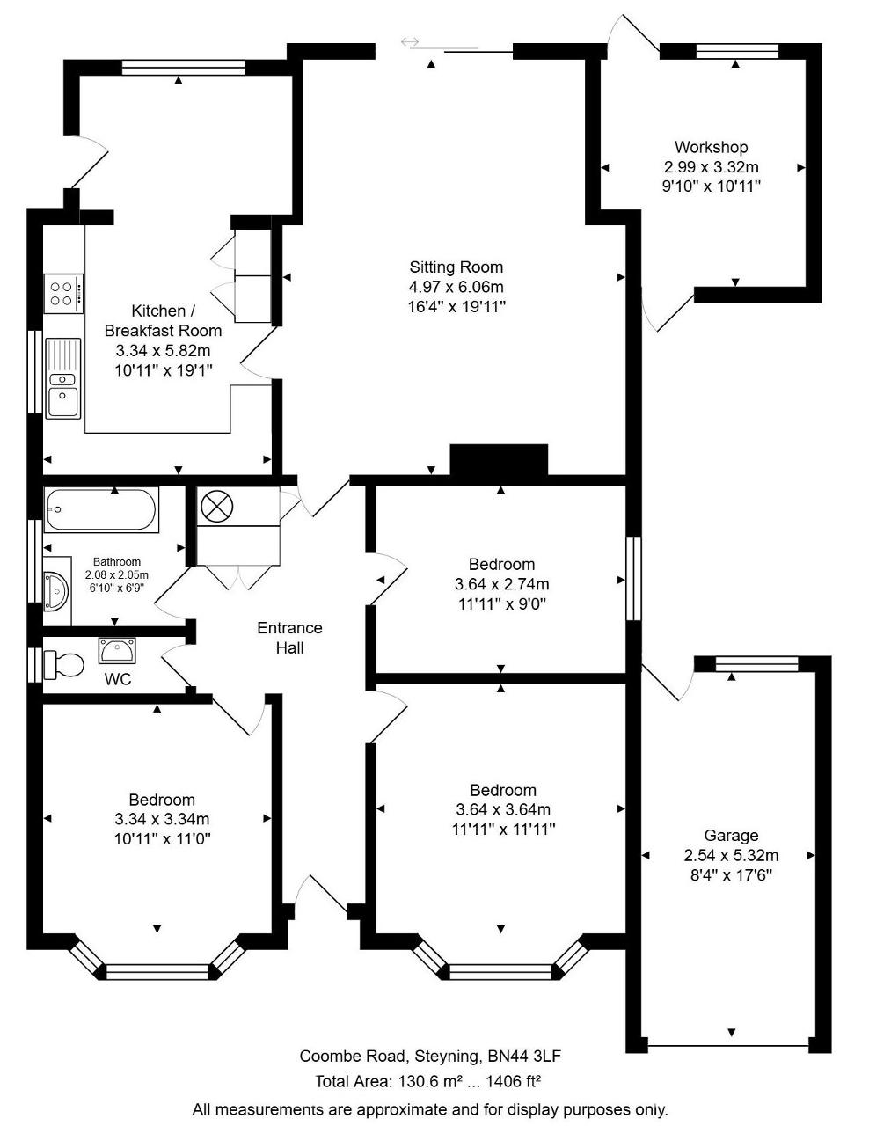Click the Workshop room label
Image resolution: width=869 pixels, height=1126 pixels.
(x=711, y=148)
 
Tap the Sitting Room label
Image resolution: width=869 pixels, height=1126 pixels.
(x=456, y=267)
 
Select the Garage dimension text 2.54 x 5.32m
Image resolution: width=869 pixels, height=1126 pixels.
(x=731, y=855)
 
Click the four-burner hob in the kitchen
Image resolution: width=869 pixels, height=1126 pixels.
(x=63, y=293)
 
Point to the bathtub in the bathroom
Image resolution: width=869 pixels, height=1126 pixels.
(x=101, y=509)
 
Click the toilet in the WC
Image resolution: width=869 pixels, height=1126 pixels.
(x=65, y=665)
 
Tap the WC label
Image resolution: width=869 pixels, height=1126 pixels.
(x=118, y=679)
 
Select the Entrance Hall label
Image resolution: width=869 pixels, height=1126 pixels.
(x=289, y=638)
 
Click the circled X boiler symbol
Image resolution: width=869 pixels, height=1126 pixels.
(x=217, y=506)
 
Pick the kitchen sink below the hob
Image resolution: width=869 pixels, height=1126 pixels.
(x=62, y=378)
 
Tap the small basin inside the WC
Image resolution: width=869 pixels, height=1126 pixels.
(x=117, y=651)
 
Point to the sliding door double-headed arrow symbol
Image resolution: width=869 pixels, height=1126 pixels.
(x=410, y=41)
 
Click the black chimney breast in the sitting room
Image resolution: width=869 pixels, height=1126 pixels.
(x=499, y=459)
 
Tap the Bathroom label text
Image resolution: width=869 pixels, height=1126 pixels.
(x=116, y=562)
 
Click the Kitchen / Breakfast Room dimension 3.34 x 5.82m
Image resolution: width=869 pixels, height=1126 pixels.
(x=163, y=351)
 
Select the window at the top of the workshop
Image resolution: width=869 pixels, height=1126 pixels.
(x=737, y=51)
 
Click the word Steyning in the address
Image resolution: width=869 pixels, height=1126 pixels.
(x=443, y=1057)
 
